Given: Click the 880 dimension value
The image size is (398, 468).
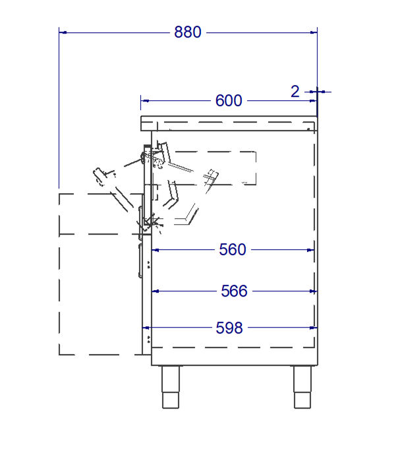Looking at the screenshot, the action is tap(188, 32).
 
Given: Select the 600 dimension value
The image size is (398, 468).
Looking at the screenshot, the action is tap(229, 101).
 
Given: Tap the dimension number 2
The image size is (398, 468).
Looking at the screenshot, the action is tap(295, 92).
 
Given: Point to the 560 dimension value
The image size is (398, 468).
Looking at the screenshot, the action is tap(233, 250).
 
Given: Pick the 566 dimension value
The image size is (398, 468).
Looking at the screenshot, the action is tap(234, 291).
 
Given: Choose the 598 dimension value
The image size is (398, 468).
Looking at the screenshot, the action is tap(229, 328).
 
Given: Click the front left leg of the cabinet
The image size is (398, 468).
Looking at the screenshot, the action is tap(171, 387).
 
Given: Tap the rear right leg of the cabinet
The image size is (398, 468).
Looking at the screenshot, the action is tap(302, 387).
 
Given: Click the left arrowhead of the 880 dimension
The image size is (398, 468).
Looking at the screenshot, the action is tap(63, 32).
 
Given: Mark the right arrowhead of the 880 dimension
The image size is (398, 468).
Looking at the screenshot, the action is tap(314, 32).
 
